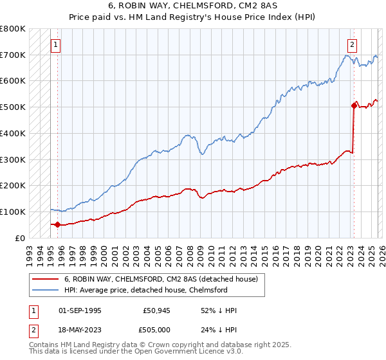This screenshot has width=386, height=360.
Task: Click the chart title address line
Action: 192,6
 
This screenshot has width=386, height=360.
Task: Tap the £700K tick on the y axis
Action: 13,55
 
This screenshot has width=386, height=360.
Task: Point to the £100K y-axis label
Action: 13,212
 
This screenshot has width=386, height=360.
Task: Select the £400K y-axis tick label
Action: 13,133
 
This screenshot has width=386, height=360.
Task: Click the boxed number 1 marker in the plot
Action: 56,45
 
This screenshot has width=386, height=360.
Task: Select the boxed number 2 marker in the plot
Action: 353,45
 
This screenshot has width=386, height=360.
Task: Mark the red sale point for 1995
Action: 58,224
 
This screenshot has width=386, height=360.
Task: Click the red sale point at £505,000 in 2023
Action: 354,105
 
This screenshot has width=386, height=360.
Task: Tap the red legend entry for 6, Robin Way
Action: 161,279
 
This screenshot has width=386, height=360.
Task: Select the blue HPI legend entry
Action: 145,290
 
